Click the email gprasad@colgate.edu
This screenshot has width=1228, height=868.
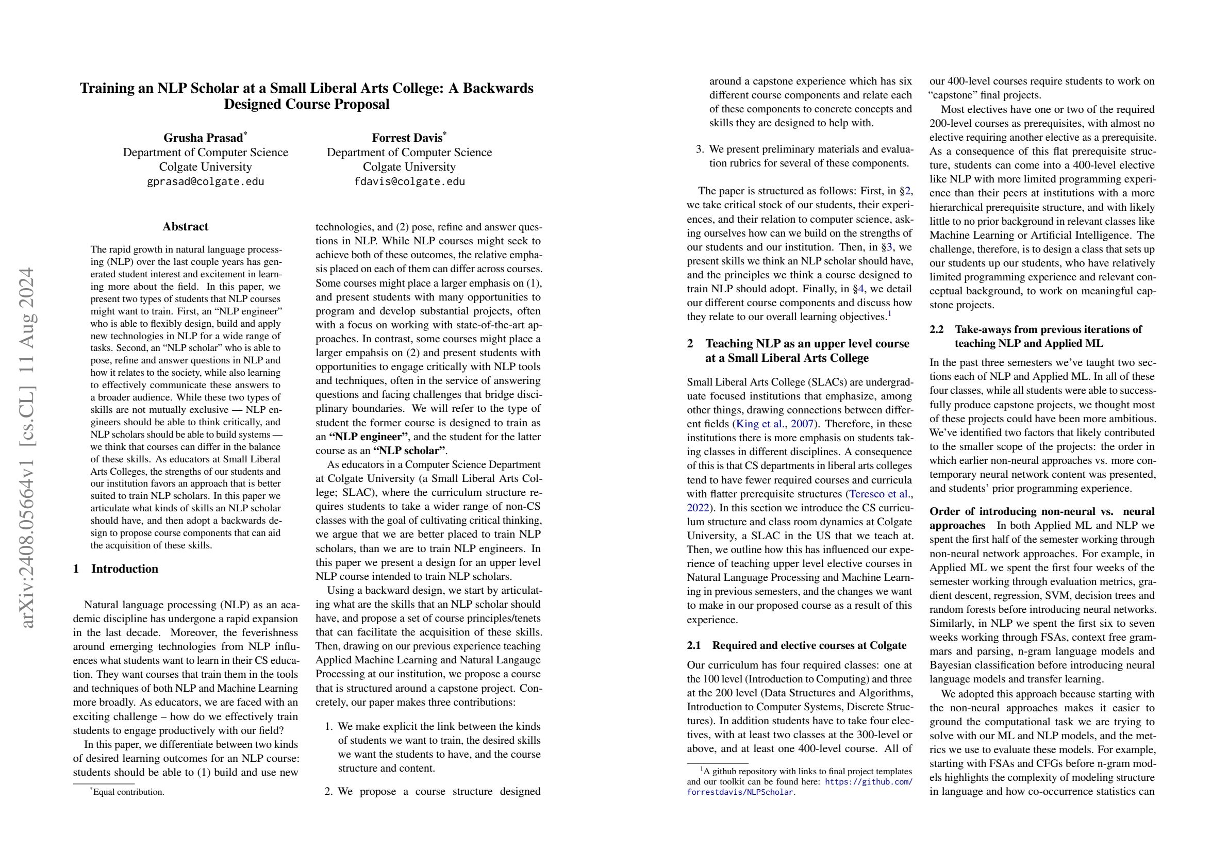point(205,181)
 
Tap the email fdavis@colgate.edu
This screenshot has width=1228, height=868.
point(409,181)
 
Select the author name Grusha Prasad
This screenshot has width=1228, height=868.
point(203,138)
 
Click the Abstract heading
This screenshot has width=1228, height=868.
point(185,226)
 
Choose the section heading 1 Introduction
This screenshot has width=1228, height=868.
point(115,569)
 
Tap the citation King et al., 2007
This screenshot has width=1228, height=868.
point(775,424)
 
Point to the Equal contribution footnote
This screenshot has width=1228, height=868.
point(128,792)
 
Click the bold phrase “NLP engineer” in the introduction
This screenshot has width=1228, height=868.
point(368,437)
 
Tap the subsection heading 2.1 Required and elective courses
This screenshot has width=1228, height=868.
point(797,645)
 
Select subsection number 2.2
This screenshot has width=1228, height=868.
point(937,329)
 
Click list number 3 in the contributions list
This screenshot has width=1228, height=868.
point(700,149)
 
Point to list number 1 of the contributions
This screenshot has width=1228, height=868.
point(329,726)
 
